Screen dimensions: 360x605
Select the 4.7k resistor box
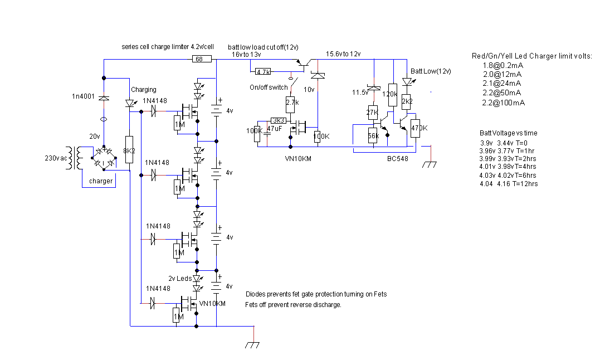(x=263, y=72)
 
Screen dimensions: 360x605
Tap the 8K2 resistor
(x=129, y=149)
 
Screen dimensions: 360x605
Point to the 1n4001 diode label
(x=84, y=97)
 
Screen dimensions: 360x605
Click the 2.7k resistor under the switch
(x=291, y=102)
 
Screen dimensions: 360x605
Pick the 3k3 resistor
(x=279, y=120)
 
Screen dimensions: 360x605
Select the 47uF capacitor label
(x=274, y=129)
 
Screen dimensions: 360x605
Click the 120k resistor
(x=391, y=94)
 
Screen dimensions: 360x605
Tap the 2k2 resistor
(x=407, y=101)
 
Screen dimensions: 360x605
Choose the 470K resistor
(x=415, y=128)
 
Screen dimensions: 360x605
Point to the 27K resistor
(x=372, y=112)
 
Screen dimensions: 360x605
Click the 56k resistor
(x=373, y=135)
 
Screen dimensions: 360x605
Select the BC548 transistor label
(x=398, y=159)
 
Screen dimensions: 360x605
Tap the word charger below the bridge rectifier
(x=101, y=181)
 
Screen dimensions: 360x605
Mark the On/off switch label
(x=269, y=87)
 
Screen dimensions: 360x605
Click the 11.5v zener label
(x=360, y=93)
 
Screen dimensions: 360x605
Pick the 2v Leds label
(x=180, y=278)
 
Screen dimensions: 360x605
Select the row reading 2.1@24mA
(x=502, y=83)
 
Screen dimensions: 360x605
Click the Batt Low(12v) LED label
(x=431, y=71)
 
